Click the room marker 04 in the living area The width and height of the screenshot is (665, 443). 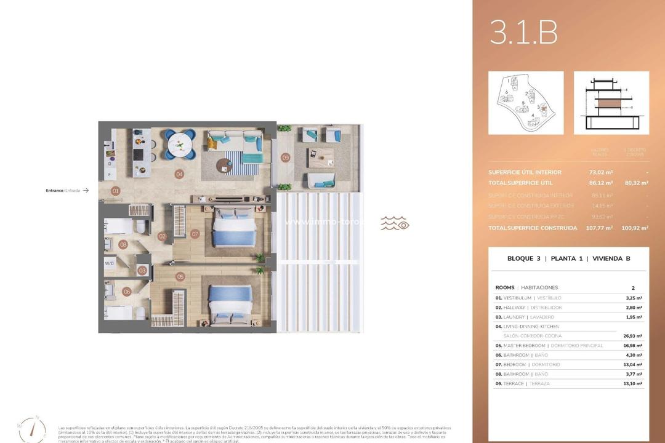tap(179, 174)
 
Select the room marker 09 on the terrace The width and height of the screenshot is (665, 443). tap(286, 158)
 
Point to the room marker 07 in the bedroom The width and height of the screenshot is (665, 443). tap(195, 234)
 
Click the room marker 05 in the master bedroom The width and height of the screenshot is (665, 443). tap(180, 277)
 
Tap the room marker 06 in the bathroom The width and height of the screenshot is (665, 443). tap(127, 292)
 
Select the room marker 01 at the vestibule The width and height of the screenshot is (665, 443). tap(115, 191)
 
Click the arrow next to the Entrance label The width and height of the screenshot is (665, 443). tap(86, 191)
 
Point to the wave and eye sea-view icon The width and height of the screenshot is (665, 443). tap(395, 223)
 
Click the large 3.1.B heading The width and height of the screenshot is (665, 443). tap(523, 33)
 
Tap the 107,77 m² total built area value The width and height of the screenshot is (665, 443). tap(600, 228)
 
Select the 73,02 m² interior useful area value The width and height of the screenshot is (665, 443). tap(600, 172)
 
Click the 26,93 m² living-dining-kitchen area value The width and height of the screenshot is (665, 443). tap(631, 337)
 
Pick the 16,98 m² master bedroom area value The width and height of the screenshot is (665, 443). tap(631, 346)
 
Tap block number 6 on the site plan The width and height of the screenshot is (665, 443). tap(506, 92)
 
